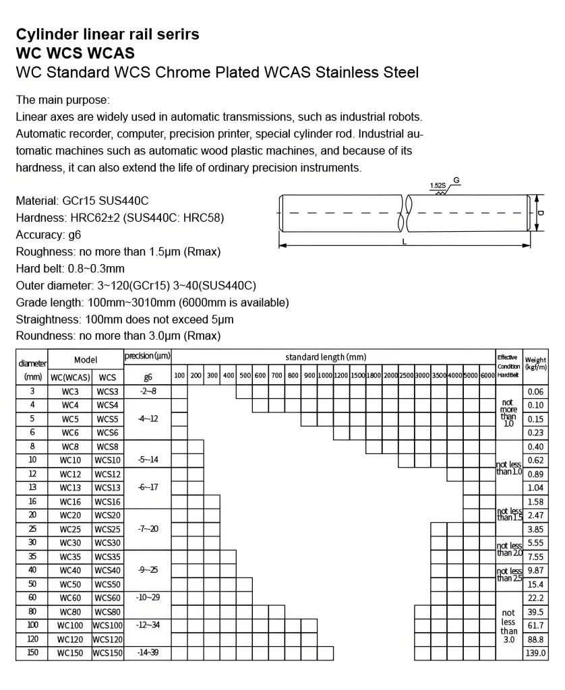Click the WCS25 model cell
pos(107,529)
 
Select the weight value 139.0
pos(535,653)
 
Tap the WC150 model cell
pos(70,653)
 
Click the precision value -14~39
pos(148,653)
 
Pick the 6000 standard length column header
pos(488,375)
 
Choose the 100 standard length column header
pos(179,375)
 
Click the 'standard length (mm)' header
pos(326,356)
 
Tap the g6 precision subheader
pos(148,377)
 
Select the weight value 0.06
pos(535,391)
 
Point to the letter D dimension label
pos(541,212)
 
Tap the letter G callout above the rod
pos(456,181)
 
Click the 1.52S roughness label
pos(438,185)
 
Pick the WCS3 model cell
pos(107,391)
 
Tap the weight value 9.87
pos(535,571)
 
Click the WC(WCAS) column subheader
pos(70,377)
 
